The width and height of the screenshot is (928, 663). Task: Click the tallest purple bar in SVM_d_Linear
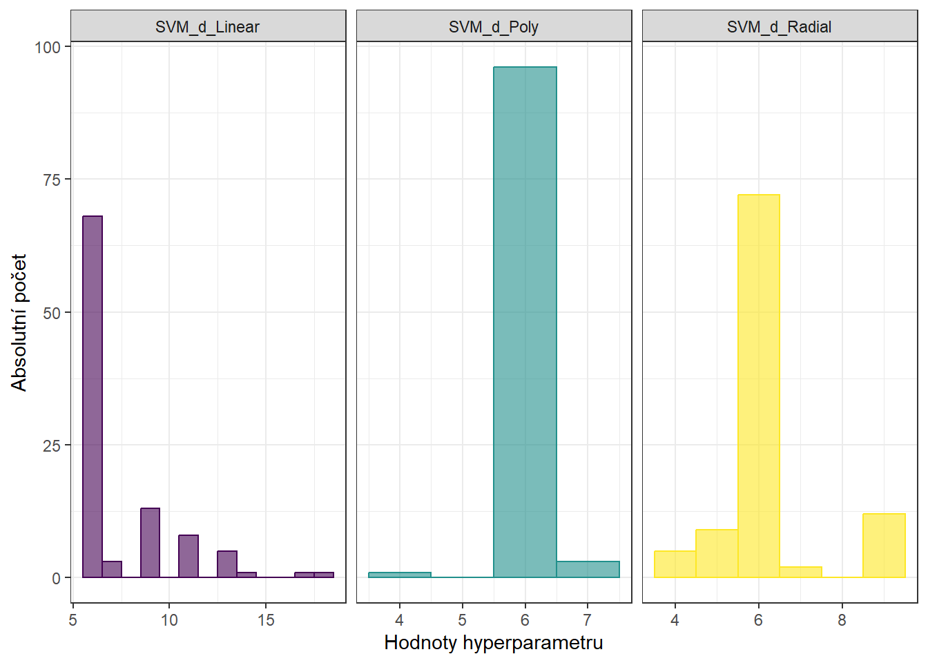tap(93, 396)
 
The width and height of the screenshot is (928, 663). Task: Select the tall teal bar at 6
tap(525, 322)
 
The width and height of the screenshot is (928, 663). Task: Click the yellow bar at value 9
tap(884, 546)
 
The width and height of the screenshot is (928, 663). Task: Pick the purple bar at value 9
tap(150, 543)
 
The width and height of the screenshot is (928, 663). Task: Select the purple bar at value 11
tap(188, 556)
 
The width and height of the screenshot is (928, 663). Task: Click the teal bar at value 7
tap(588, 570)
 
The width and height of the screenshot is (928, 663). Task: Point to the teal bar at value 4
tap(400, 575)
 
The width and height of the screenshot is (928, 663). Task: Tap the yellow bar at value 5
tap(717, 553)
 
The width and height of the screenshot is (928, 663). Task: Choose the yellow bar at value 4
tap(675, 564)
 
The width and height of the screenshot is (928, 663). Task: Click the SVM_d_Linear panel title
tap(207, 27)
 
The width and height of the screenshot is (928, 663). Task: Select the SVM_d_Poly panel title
tap(494, 27)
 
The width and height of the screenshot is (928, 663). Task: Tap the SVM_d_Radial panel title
tap(779, 27)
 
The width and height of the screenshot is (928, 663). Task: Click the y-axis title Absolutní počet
tap(19, 322)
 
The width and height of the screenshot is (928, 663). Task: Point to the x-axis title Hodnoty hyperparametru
tap(494, 643)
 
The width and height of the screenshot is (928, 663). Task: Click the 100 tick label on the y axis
tap(48, 47)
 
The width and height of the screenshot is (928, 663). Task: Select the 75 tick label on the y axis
tap(52, 180)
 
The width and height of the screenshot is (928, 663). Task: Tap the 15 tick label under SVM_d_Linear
tap(266, 620)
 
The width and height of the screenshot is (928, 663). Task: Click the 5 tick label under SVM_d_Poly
tap(462, 620)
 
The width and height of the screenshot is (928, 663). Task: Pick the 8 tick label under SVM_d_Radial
tap(842, 620)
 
